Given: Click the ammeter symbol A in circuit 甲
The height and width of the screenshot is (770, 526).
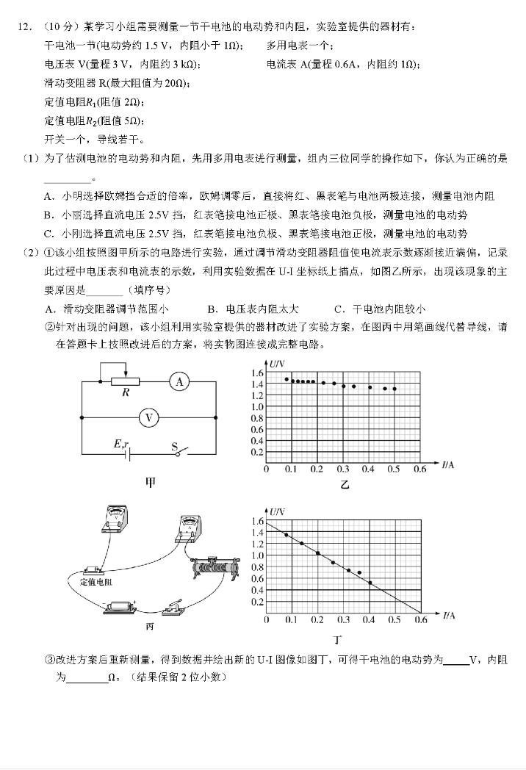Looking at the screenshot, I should click(x=179, y=381).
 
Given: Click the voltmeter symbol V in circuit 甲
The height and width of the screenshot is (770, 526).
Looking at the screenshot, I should click(x=149, y=417).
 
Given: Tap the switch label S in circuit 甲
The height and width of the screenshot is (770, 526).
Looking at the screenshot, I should click(x=175, y=446).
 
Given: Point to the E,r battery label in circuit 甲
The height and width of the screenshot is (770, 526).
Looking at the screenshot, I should click(x=121, y=445).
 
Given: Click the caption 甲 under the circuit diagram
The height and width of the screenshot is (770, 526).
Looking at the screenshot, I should click(x=150, y=482).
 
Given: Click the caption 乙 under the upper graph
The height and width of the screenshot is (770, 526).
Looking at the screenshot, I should click(x=345, y=484).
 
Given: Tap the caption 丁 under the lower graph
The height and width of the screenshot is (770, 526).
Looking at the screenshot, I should click(x=337, y=640).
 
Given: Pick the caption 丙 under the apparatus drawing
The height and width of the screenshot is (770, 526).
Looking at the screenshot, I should click(x=150, y=627).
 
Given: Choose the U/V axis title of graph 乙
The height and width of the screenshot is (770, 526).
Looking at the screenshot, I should click(x=276, y=364).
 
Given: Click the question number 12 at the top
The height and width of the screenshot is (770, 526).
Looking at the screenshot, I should click(x=24, y=27).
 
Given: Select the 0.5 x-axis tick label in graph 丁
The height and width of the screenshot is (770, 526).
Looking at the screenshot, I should click(x=394, y=620).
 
